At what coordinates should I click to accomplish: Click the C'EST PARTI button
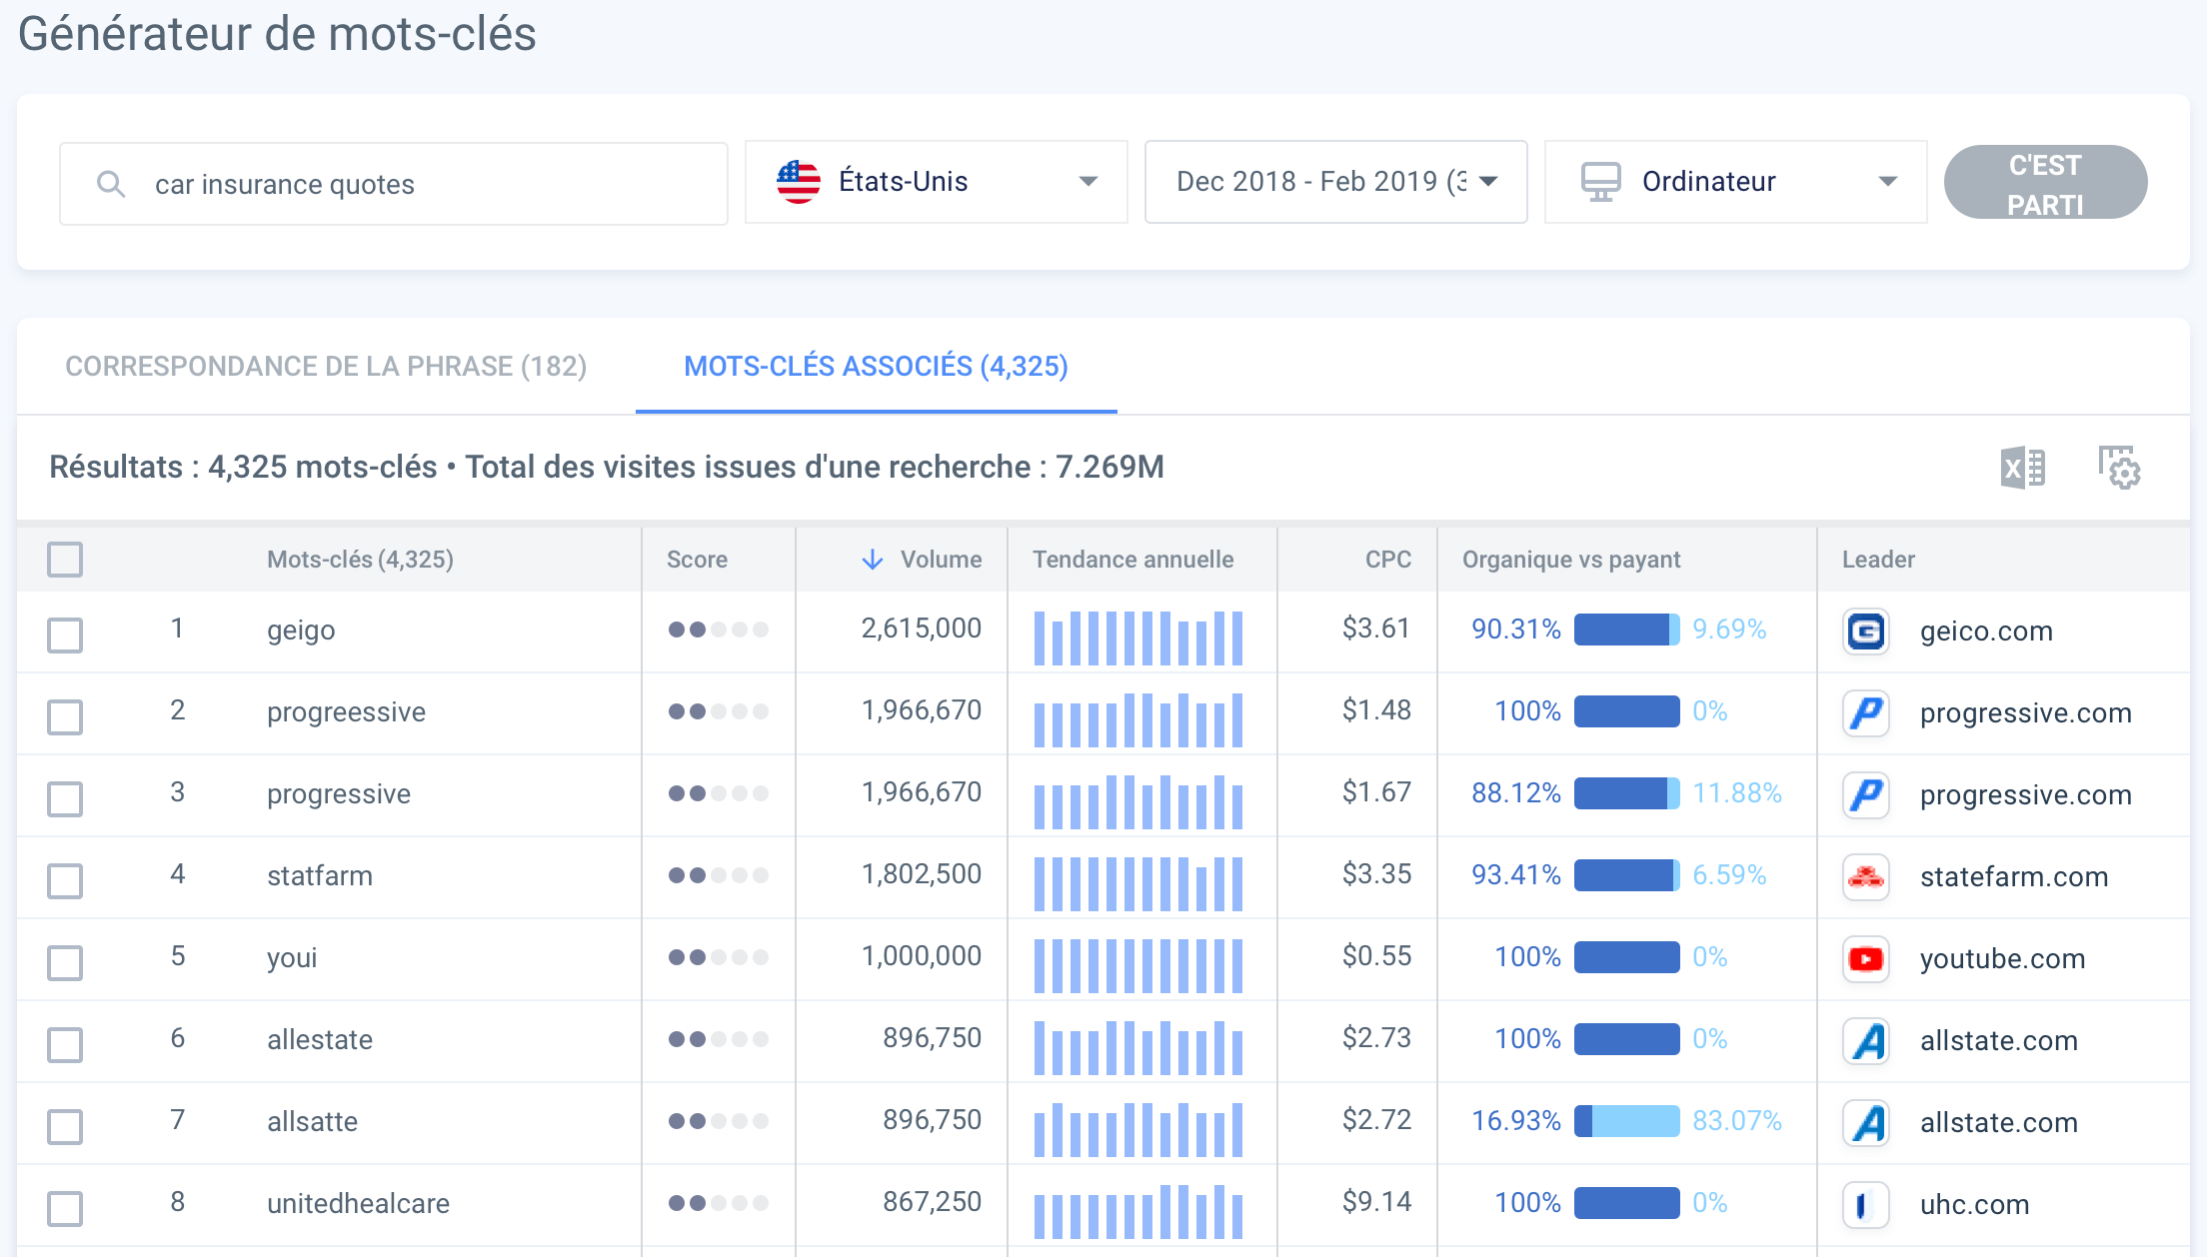click(x=2044, y=183)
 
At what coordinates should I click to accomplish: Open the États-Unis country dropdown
click(x=936, y=182)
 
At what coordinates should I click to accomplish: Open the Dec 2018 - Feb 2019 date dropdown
click(x=1334, y=182)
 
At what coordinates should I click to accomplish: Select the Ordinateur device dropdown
click(x=1734, y=182)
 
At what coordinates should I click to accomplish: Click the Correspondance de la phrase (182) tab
click(x=326, y=366)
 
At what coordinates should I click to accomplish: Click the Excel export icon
click(x=2022, y=467)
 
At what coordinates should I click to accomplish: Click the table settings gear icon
click(x=2118, y=467)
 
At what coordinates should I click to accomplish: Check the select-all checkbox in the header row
click(x=65, y=560)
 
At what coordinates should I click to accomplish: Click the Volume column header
click(x=940, y=560)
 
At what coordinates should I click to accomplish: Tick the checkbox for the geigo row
click(x=65, y=634)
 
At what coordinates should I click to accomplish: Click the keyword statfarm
click(x=319, y=875)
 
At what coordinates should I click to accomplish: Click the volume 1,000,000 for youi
click(x=921, y=956)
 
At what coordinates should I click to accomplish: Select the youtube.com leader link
click(x=2002, y=958)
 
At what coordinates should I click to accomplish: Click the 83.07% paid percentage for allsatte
click(x=1736, y=1121)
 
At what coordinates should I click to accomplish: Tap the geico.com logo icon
click(x=1865, y=631)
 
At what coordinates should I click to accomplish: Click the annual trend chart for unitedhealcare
click(x=1138, y=1210)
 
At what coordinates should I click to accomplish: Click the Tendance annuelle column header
click(x=1132, y=560)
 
